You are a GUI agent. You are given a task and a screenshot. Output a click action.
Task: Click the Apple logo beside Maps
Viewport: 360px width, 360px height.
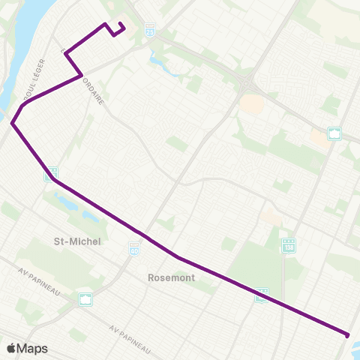(x=11, y=348)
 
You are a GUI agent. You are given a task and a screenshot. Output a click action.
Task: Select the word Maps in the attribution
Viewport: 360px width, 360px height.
(x=32, y=348)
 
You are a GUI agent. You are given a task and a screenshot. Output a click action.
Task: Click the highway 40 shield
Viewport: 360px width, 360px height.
(x=134, y=247)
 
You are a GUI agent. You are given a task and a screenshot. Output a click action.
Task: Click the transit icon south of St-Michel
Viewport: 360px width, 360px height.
(x=86, y=299)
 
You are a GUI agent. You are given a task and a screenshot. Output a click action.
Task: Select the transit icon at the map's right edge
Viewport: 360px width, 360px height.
(x=335, y=134)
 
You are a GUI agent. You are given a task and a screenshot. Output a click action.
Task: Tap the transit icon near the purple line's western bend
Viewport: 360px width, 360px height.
(x=50, y=174)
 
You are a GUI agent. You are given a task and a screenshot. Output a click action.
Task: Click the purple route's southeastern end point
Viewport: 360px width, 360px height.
(x=347, y=334)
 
